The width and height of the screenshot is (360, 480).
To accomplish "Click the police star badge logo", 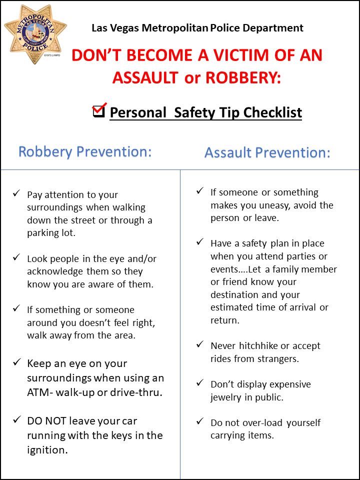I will point(32,34).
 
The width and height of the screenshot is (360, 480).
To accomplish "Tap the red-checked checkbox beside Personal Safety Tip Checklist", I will point(99,110).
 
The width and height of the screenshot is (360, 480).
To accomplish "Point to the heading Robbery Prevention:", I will point(85,151).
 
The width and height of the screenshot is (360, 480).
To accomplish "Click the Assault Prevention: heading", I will point(267,152).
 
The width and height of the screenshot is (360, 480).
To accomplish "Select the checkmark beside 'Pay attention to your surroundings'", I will point(16,193).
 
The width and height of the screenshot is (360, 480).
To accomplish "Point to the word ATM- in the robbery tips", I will point(41,392).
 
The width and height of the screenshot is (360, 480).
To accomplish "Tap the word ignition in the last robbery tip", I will point(47,449).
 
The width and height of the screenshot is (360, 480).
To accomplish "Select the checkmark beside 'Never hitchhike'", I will point(200,344).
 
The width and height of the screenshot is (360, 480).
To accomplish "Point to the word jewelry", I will point(228,397).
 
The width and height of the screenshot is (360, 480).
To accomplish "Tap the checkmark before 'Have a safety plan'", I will point(200,242).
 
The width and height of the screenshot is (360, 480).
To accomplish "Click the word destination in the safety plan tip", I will point(233,294).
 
